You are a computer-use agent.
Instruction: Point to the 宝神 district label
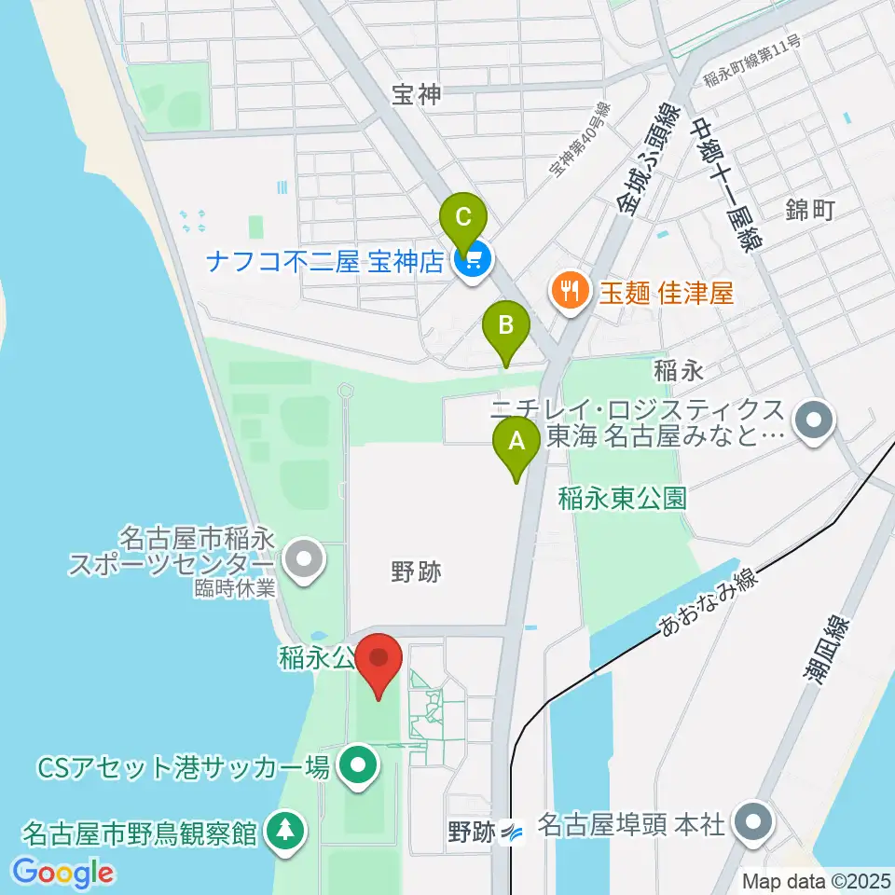(415, 94)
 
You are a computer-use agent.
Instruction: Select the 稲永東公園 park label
(622, 498)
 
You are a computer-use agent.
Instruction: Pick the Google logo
(62, 874)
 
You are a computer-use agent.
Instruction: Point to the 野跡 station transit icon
(512, 831)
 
